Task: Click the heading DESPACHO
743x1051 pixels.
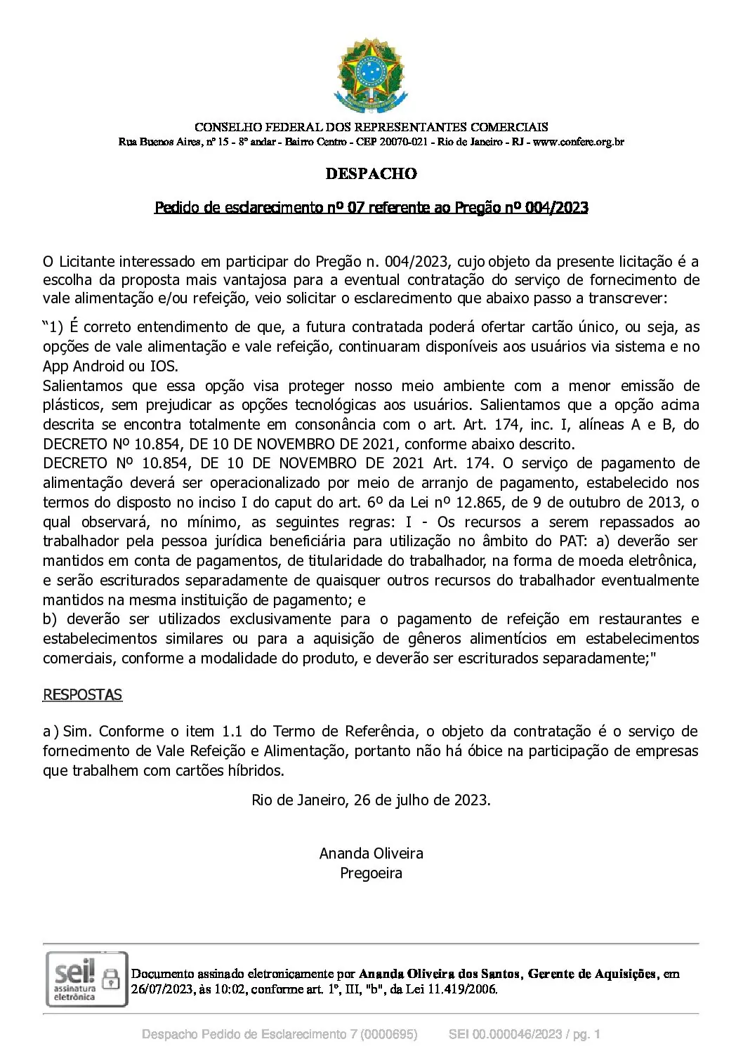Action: [x=371, y=173]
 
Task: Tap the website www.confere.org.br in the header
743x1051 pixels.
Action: [x=579, y=143]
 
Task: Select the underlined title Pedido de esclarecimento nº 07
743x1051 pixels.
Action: [x=371, y=208]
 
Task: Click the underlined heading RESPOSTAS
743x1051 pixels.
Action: [x=82, y=695]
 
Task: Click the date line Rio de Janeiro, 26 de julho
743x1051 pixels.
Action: [x=371, y=800]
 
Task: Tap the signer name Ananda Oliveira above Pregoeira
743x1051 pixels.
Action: [x=371, y=854]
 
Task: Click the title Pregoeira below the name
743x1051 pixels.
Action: [x=371, y=873]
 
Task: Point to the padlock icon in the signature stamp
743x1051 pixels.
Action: [x=111, y=978]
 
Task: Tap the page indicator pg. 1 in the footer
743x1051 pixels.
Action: [x=584, y=1034]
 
